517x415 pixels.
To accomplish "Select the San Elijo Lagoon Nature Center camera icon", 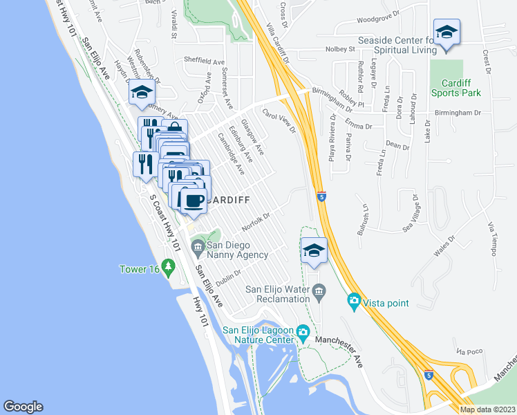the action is (x=303, y=333).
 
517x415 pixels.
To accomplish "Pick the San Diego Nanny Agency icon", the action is (x=197, y=246).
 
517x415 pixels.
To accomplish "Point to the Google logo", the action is (x=23, y=407).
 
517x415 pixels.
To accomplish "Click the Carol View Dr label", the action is (x=279, y=120).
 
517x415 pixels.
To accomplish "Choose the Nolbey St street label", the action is (x=340, y=49).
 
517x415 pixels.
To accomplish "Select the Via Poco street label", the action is (x=470, y=351).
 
